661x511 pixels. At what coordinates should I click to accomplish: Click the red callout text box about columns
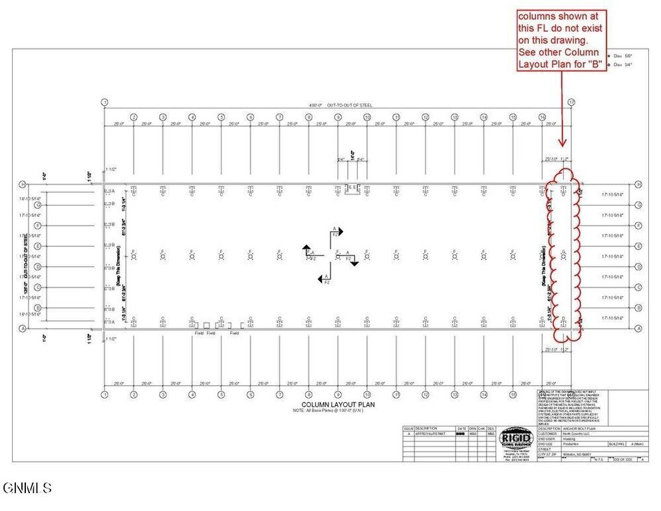pos(561,41)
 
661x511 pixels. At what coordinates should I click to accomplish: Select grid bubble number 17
pos(571,102)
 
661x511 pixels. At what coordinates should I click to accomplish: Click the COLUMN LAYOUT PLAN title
pos(330,405)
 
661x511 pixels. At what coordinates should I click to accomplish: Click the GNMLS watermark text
pos(27,488)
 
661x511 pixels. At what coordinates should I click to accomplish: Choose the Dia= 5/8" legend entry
pos(622,56)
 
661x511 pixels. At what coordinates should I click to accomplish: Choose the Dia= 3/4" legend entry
pos(622,65)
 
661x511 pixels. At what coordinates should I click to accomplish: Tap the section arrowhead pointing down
pos(354,263)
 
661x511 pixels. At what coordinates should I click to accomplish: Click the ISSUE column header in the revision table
pos(408,428)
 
